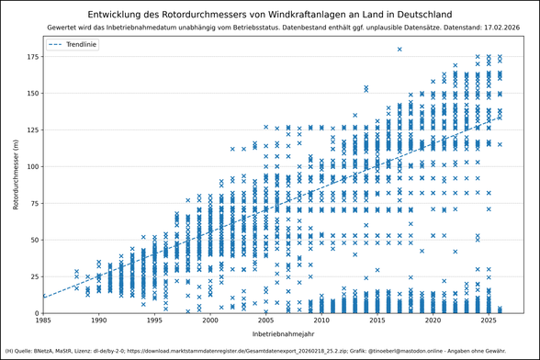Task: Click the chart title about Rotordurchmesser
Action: point(269,15)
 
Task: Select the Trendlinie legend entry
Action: point(80,45)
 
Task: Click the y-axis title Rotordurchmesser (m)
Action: point(16,174)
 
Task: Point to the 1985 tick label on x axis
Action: point(43,321)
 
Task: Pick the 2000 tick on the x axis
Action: point(210,321)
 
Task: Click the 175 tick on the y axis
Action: point(31,57)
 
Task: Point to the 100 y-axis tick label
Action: point(31,167)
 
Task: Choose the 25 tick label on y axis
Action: point(34,277)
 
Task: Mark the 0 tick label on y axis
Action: point(37,313)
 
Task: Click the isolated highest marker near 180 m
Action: point(399,50)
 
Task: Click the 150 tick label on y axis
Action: point(31,94)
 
